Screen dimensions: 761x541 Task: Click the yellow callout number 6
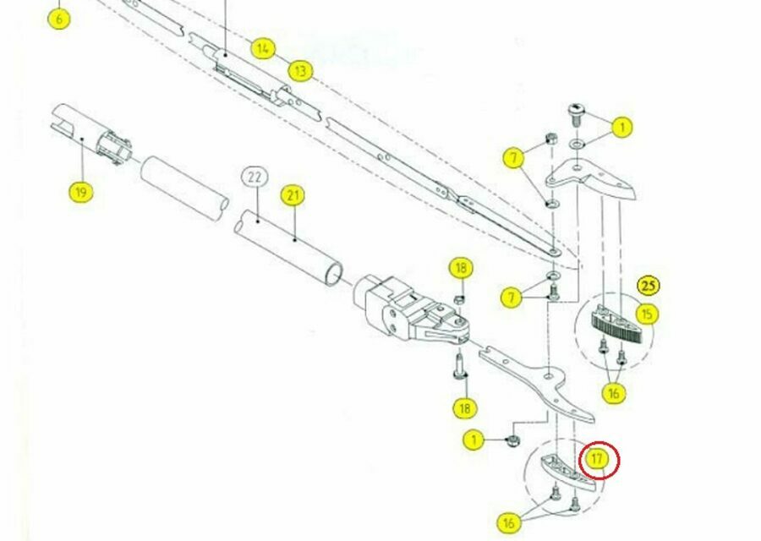pos(59,19)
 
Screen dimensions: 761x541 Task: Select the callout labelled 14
pos(263,48)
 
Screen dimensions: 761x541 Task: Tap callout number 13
pos(300,71)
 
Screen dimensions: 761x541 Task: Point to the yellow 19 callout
pos(81,192)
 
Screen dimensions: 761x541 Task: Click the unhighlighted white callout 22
pos(255,178)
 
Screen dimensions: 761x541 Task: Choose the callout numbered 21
pos(293,195)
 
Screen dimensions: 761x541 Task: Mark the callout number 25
pos(649,286)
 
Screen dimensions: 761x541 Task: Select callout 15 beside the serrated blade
pos(647,314)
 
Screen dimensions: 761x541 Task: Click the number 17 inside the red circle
pos(598,458)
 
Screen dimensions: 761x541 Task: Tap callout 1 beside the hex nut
pos(474,440)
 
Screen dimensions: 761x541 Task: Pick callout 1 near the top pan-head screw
pos(621,127)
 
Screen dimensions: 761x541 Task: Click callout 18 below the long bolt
pos(464,408)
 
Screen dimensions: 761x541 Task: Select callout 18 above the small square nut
pos(461,268)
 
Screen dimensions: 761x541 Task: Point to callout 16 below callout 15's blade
pos(614,392)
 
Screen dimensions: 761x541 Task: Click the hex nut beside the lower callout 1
pos(512,441)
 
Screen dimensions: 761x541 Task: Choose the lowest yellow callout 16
pos(509,522)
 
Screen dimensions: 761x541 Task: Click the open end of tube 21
pos(334,274)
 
